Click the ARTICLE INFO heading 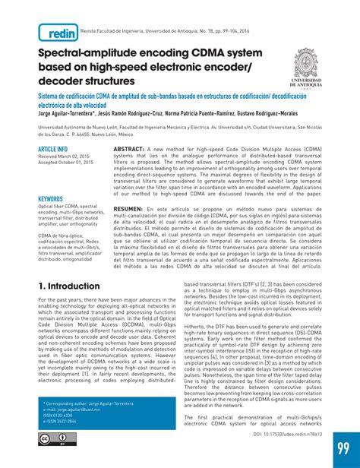[x=53, y=149]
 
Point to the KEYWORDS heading [x=51, y=199]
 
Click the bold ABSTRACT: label [x=128, y=150]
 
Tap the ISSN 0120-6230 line [x=58, y=415]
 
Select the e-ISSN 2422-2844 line [x=61, y=421]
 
